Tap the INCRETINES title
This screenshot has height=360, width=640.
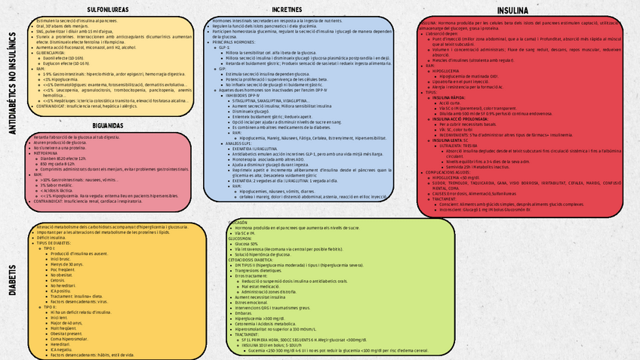[287, 8]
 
